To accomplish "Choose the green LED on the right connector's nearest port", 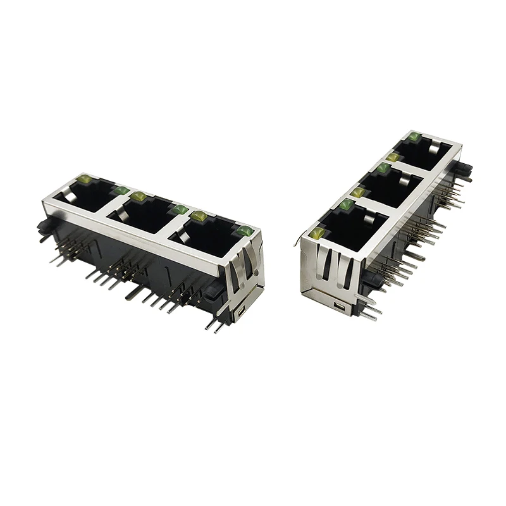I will [x=347, y=205].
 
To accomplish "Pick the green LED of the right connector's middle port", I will [x=383, y=168].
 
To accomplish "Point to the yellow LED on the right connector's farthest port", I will [x=393, y=156].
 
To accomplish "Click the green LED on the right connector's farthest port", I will [x=414, y=137].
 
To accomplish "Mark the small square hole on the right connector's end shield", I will [x=342, y=307].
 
